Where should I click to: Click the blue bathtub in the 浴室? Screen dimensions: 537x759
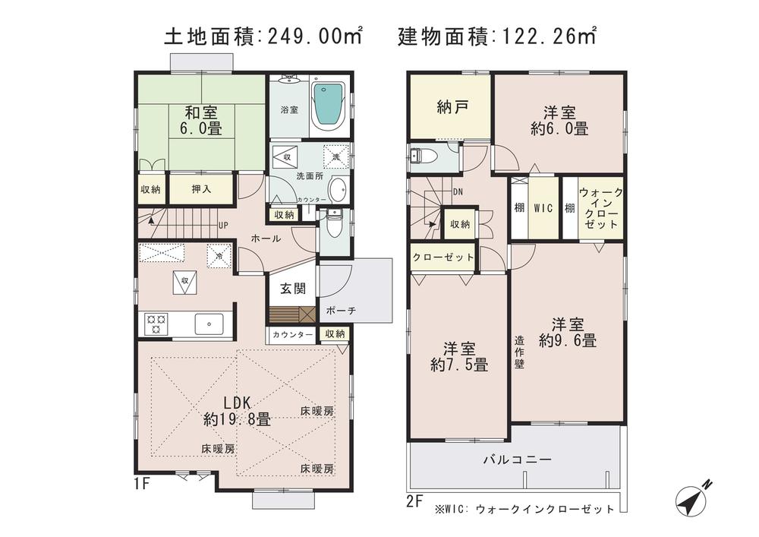pyautogui.click(x=328, y=106)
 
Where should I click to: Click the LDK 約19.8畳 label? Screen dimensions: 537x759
pyautogui.click(x=237, y=410)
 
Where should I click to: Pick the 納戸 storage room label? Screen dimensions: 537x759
pyautogui.click(x=451, y=107)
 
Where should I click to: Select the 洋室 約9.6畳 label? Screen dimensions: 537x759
pyautogui.click(x=568, y=332)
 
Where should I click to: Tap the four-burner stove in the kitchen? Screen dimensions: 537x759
pyautogui.click(x=156, y=324)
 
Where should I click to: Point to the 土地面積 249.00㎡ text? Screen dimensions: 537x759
pyautogui.click(x=263, y=36)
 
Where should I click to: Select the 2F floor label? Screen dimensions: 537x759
pyautogui.click(x=414, y=501)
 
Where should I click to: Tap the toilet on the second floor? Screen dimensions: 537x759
pyautogui.click(x=422, y=157)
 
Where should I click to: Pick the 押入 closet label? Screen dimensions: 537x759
pyautogui.click(x=201, y=189)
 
